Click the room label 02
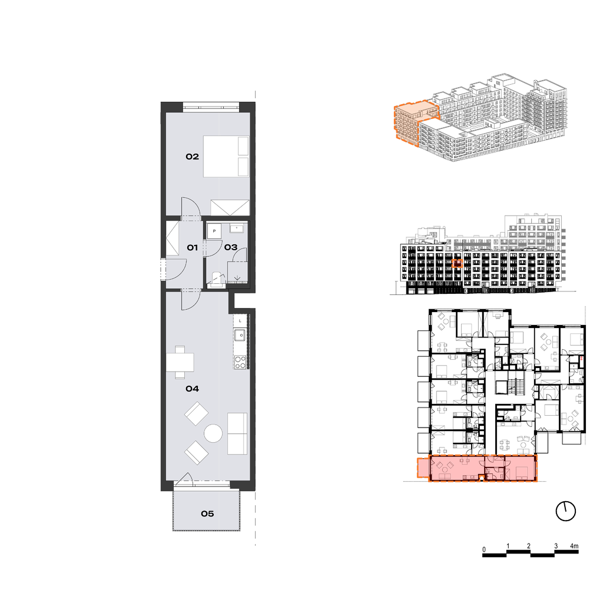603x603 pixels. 193,157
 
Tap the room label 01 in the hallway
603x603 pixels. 193,248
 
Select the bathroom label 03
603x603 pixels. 231,247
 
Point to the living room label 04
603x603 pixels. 193,389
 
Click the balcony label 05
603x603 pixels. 207,513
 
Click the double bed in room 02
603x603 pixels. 226,157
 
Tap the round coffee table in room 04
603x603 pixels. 213,433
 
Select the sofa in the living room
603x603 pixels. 237,434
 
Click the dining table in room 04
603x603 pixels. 180,362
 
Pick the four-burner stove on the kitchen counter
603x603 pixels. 240,362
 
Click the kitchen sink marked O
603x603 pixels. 240,335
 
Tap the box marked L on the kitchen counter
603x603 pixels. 240,321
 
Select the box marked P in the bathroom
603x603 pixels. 214,231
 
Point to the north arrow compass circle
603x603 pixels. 566,512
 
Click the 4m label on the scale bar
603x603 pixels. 574,546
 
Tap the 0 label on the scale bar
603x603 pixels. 484,549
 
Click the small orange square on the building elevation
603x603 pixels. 457,263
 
